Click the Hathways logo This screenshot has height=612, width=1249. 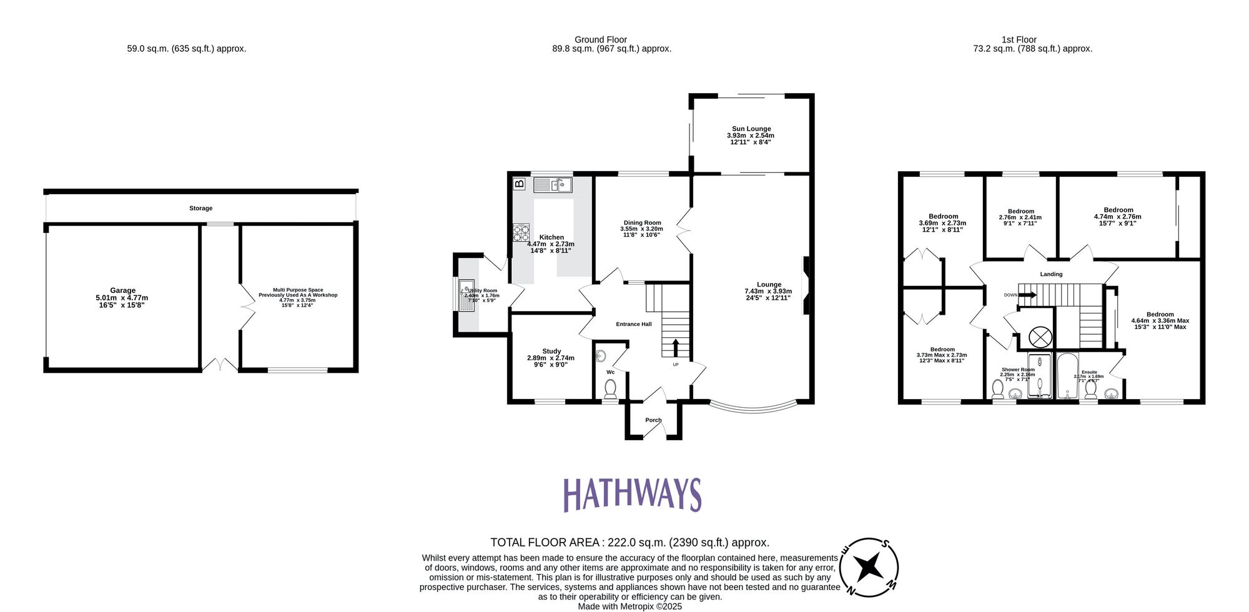tap(632, 495)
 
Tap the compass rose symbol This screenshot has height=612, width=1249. tap(869, 567)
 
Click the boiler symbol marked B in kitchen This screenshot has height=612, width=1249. tap(519, 184)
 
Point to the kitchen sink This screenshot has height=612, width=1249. tap(553, 185)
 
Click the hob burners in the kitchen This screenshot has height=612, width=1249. tap(521, 232)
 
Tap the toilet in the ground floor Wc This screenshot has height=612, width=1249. tap(610, 390)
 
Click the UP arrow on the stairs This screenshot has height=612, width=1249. tap(675, 348)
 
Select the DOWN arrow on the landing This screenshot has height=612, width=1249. tap(1025, 295)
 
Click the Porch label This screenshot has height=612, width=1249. tap(653, 420)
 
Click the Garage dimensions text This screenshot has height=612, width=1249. tap(122, 302)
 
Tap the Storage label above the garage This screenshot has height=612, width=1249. tap(201, 208)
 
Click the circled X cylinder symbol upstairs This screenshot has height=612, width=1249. tap(1040, 337)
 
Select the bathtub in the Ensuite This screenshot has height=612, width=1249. tap(1067, 376)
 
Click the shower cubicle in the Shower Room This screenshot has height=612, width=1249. tap(1039, 376)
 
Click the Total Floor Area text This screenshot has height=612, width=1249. tap(629, 543)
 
